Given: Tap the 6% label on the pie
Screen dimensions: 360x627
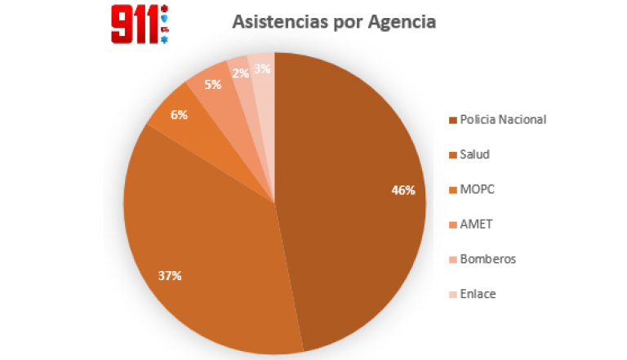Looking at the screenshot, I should pyautogui.click(x=179, y=115).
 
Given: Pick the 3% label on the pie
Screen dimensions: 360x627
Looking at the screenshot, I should pyautogui.click(x=262, y=69).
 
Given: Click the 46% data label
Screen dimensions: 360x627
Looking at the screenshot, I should pyautogui.click(x=403, y=190).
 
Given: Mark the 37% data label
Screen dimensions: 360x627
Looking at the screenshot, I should pyautogui.click(x=170, y=275).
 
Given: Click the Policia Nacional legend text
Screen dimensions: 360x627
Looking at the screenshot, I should pyautogui.click(x=503, y=119).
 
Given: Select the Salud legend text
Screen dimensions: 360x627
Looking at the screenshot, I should pyautogui.click(x=475, y=154).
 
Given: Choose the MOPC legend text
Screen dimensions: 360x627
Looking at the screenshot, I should pyautogui.click(x=478, y=189).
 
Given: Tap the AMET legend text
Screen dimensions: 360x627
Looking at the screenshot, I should pyautogui.click(x=477, y=224).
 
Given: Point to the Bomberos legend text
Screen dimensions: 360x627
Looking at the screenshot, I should pyautogui.click(x=487, y=259).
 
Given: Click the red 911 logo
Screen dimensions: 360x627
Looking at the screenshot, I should pyautogui.click(x=134, y=24).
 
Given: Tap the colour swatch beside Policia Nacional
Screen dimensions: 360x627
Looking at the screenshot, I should pyautogui.click(x=453, y=120).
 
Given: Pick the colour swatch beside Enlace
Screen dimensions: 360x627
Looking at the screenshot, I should pyautogui.click(x=453, y=294).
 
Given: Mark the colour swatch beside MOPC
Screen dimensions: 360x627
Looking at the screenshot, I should pyautogui.click(x=453, y=189).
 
